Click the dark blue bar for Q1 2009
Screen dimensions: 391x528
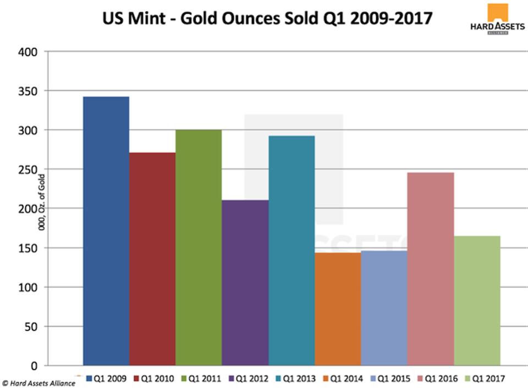106,231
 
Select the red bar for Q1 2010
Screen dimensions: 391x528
152,259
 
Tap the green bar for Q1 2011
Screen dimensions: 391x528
199,248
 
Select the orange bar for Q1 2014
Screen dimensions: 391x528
338,309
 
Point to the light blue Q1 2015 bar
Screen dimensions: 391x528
384,308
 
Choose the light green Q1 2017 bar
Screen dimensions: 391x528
477,301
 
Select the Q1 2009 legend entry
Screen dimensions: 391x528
105,378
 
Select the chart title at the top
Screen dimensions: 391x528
267,18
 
